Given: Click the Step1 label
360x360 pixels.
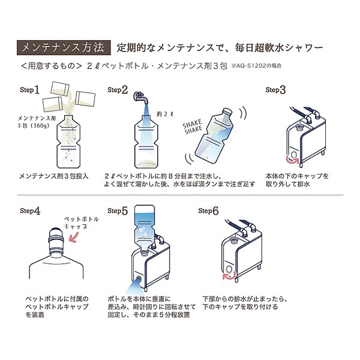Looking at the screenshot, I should (x=29, y=91).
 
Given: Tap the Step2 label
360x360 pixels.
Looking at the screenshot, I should (x=118, y=91).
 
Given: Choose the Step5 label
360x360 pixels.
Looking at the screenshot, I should (x=118, y=211).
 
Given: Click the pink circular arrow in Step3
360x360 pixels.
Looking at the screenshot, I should (x=293, y=159).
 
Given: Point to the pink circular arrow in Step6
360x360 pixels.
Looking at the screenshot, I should (x=226, y=276).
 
